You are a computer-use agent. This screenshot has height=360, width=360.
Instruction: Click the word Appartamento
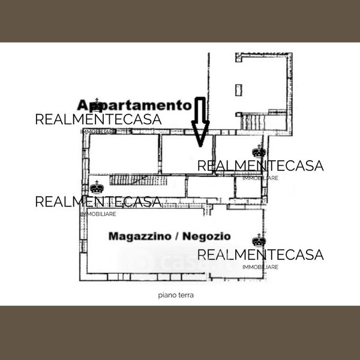click(135, 104)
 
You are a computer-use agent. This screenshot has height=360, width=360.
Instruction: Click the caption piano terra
click(176, 295)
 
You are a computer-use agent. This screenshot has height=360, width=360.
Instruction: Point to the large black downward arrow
click(200, 123)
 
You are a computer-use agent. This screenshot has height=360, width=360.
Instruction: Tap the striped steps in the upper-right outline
click(253, 122)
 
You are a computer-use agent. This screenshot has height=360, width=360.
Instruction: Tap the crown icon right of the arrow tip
click(259, 151)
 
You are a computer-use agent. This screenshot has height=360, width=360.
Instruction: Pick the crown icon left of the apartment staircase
click(97, 187)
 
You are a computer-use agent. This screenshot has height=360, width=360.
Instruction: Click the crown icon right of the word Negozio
click(259, 240)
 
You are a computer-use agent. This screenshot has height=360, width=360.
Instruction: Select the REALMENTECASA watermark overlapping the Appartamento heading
click(98, 119)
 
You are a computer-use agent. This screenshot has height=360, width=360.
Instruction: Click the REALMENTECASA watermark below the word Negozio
click(260, 255)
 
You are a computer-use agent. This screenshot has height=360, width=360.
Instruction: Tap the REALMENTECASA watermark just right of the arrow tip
click(260, 166)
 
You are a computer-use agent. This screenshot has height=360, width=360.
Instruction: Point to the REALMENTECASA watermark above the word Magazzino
click(98, 202)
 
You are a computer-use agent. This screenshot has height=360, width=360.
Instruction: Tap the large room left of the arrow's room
click(124, 154)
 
